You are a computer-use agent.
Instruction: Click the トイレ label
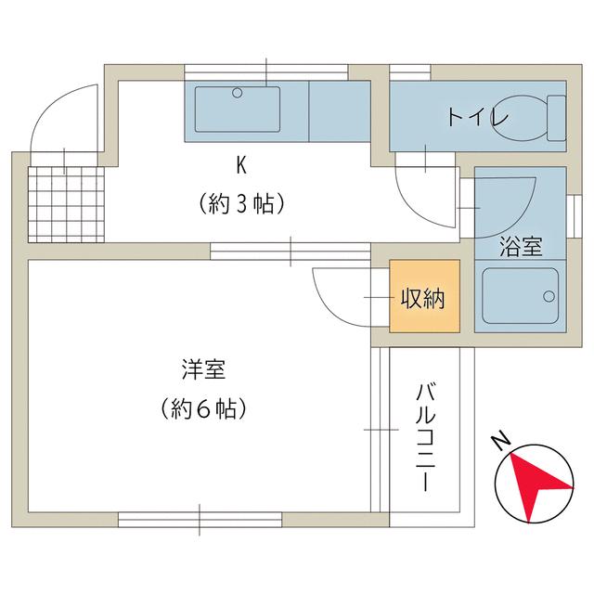tap(478, 118)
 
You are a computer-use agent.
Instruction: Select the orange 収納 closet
tap(424, 299)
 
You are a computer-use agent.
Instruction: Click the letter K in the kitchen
tap(241, 165)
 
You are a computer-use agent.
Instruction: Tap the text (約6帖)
tap(202, 407)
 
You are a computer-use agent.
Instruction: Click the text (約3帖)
tap(240, 203)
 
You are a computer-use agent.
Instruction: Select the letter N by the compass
tap(499, 439)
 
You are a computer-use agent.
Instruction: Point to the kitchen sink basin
tap(238, 109)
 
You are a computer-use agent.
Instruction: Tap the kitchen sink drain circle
tap(238, 93)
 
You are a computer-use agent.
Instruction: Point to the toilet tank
tap(556, 118)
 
